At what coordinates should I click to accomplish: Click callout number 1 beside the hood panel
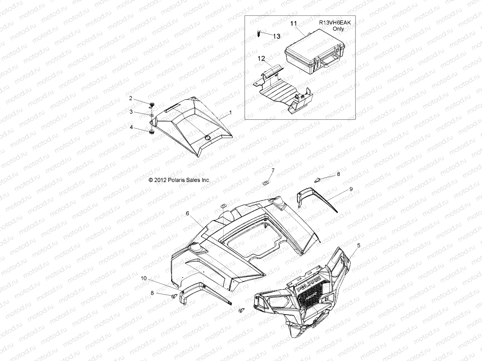(230, 113)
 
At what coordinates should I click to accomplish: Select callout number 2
(131, 98)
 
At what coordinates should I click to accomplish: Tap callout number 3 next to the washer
(131, 112)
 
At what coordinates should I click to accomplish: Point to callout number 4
(131, 127)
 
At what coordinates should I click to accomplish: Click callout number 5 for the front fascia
(358, 245)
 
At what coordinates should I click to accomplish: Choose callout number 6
(187, 213)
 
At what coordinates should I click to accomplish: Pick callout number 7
(273, 171)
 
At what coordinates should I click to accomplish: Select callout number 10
(144, 279)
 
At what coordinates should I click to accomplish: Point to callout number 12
(261, 59)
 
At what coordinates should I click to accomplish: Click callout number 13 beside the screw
(277, 36)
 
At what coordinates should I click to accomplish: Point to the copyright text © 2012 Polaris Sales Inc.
(180, 180)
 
